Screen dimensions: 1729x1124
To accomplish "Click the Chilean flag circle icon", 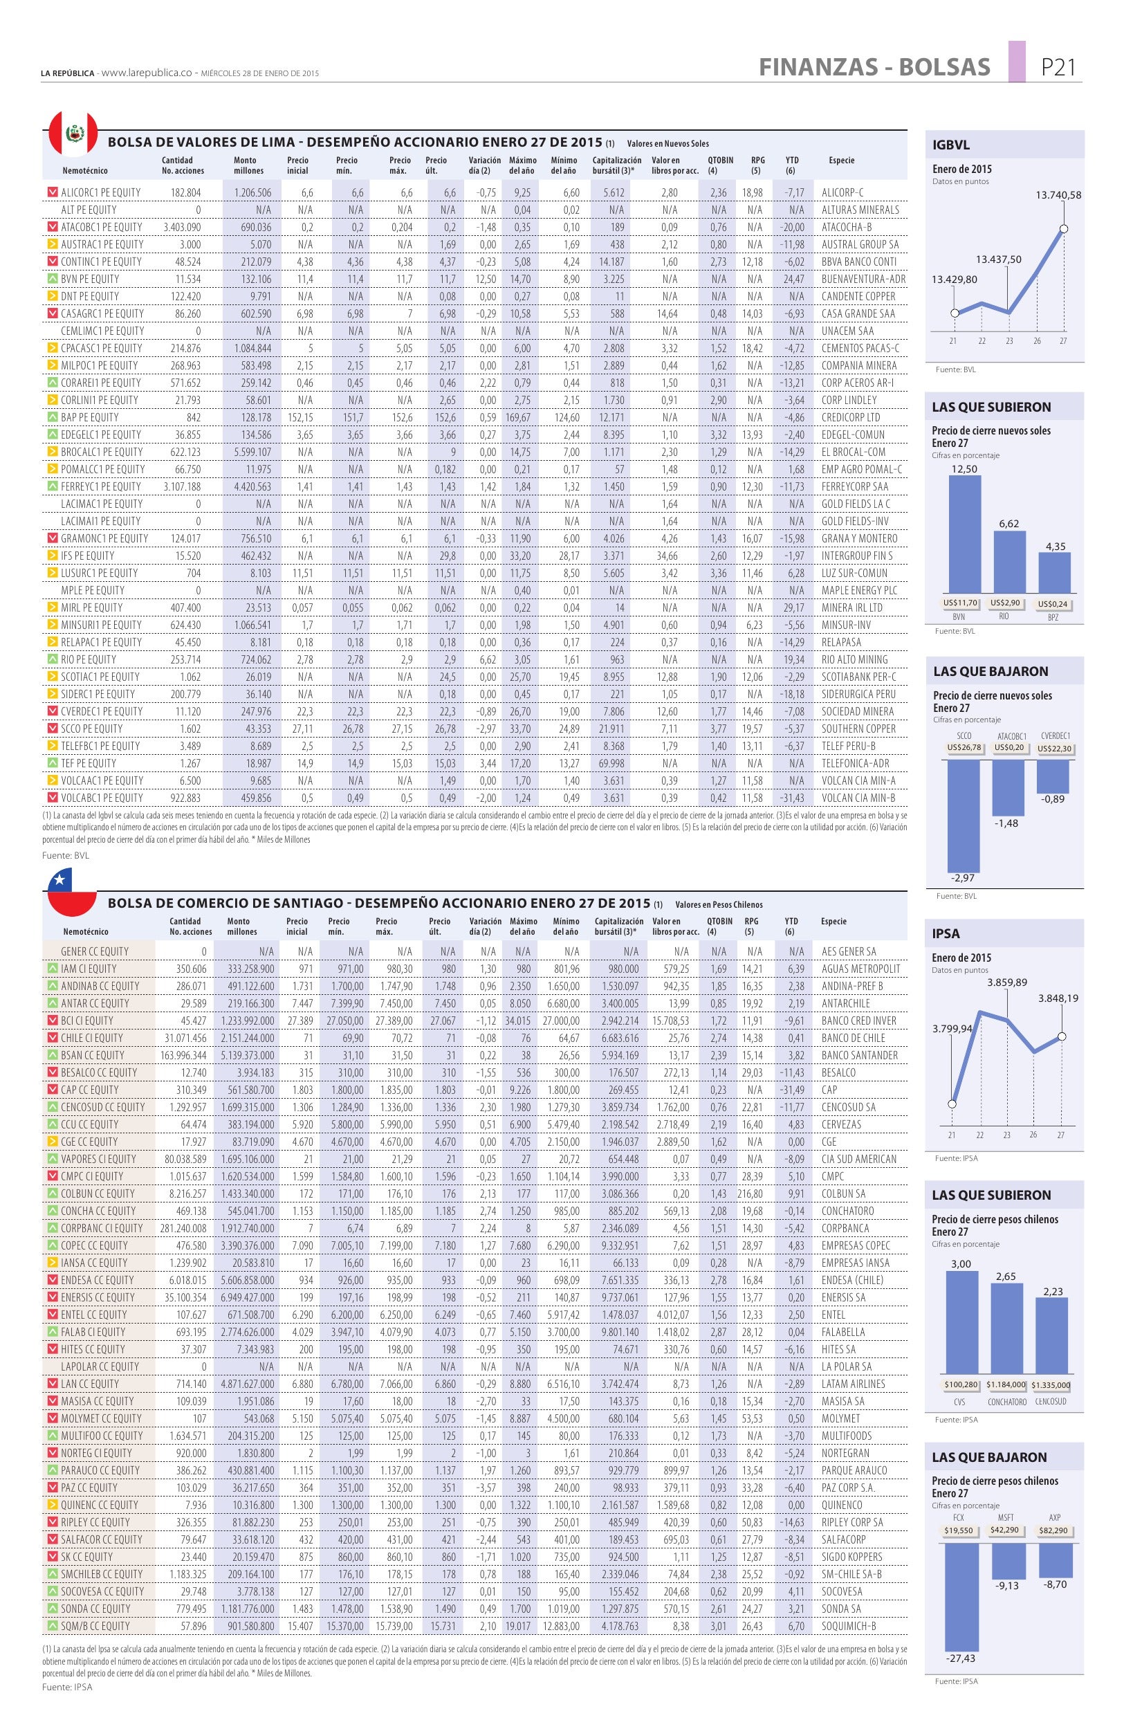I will tap(72, 894).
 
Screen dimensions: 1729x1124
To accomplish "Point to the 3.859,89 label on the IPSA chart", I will tap(1007, 982).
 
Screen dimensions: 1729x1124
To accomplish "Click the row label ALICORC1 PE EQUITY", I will tap(101, 192).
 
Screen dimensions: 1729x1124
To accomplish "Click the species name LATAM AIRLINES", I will tap(853, 1383).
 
